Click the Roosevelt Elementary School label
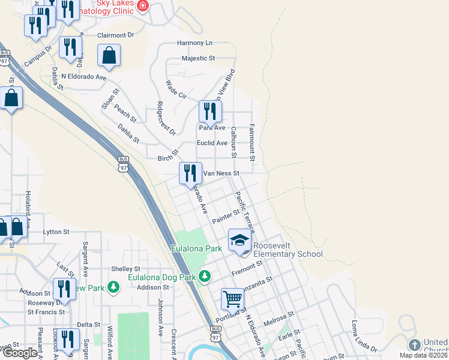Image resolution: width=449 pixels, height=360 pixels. pos(288,250)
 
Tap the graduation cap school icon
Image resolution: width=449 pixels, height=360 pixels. pos(239,241)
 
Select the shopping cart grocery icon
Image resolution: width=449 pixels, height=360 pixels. pos(232,298)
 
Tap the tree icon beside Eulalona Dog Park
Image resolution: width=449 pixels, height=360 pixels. pos(205,276)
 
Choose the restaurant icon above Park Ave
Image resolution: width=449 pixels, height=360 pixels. pos(209,111)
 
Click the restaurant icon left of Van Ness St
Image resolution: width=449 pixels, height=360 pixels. pos(190,173)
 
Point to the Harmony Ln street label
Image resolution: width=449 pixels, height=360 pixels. pos(194,43)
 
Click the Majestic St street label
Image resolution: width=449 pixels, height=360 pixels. pos(198,59)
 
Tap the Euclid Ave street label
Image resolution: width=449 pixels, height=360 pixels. pos(212,143)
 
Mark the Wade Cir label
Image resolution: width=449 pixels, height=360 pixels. pos(176,90)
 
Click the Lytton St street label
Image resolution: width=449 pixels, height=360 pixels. pos(56,232)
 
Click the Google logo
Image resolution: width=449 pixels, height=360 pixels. pos(20,353)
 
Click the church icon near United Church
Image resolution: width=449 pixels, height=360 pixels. pos(414,345)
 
